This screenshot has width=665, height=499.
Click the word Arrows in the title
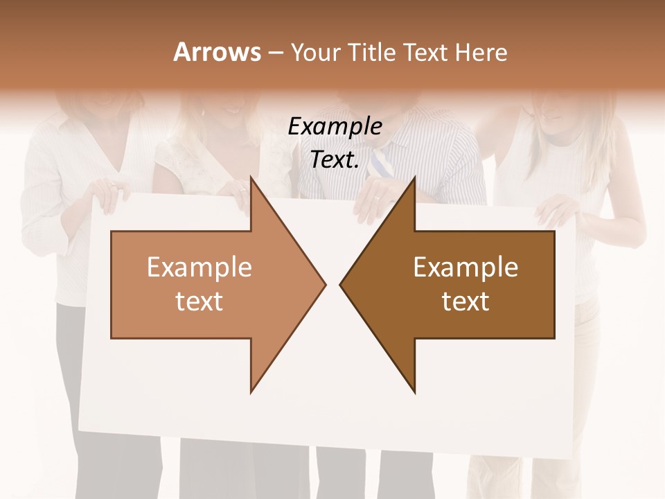coord(217,52)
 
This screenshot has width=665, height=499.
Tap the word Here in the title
coord(481,53)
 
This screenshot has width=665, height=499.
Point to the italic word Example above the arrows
coord(335,126)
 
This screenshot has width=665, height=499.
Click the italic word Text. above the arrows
coord(335,159)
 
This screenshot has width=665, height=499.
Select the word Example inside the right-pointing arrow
coord(199,268)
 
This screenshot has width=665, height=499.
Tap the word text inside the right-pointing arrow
coord(199,301)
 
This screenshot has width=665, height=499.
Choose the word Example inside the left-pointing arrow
coord(465,268)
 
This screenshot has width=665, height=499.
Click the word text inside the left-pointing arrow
coord(465,301)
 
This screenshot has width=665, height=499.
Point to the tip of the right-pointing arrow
coord(325,284)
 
